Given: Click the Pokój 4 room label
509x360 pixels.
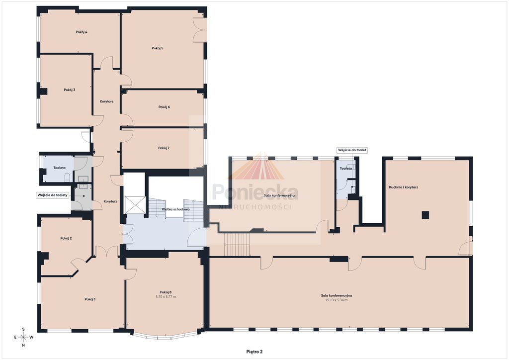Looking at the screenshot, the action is pos(82,32).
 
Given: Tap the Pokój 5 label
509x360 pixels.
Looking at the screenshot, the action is pos(158,48).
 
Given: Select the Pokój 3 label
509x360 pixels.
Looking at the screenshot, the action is pos(70,90).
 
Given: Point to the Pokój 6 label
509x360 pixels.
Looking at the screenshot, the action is pos(164,107).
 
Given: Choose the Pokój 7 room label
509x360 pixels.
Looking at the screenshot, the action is pos(164,148).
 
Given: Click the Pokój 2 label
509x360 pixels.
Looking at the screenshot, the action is pos(66,238).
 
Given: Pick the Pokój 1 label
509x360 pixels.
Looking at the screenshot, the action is pos(90,299).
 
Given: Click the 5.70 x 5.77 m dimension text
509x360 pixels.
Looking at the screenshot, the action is pos(166,297).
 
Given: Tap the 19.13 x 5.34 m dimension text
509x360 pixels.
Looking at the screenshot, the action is pos(337,300).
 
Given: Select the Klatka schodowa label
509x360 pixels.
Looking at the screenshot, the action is pos(175,209).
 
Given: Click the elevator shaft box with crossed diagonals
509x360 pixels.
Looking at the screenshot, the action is pos(135,205).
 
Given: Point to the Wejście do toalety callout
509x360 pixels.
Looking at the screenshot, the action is pos(53,195).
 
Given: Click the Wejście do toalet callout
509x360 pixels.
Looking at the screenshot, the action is pos(352,150).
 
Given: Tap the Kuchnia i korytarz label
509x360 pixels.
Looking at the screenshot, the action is pos(404,187).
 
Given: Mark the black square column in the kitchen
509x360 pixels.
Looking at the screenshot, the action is pos(425,215).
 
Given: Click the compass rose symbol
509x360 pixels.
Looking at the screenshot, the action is pos(23,337).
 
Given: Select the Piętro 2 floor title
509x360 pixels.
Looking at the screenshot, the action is pos(254,352).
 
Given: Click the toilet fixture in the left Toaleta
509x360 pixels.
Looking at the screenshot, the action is pos(68,177).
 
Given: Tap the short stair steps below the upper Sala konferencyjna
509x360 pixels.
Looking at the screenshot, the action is pos(237,245).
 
